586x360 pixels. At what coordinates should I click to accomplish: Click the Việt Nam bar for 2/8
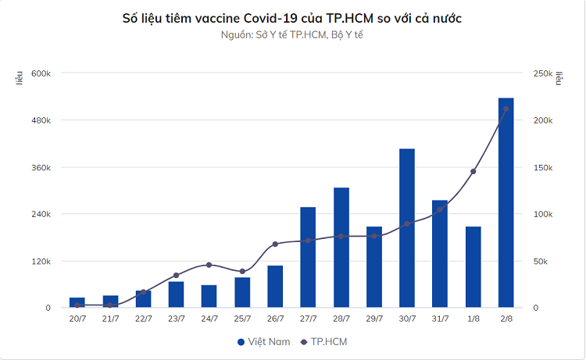[506, 203]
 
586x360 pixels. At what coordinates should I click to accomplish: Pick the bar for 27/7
[308, 257]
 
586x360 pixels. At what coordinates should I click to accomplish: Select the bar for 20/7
[77, 302]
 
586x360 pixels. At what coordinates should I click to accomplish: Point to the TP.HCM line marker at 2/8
[506, 109]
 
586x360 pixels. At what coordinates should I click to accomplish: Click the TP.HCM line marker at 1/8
[473, 171]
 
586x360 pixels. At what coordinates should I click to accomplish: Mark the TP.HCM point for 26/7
[275, 244]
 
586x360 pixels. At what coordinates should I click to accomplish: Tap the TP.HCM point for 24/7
[209, 265]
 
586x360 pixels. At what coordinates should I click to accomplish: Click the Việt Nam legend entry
[263, 342]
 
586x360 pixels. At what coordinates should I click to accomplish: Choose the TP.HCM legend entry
[323, 342]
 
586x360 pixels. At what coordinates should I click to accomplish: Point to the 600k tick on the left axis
[41, 73]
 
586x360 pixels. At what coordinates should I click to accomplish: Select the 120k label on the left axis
[41, 261]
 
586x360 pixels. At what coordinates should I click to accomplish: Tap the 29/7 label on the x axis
[373, 319]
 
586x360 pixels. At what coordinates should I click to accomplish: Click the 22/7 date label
[143, 319]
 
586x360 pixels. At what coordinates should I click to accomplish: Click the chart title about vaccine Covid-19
[293, 18]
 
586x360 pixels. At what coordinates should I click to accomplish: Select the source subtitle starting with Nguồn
[293, 35]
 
